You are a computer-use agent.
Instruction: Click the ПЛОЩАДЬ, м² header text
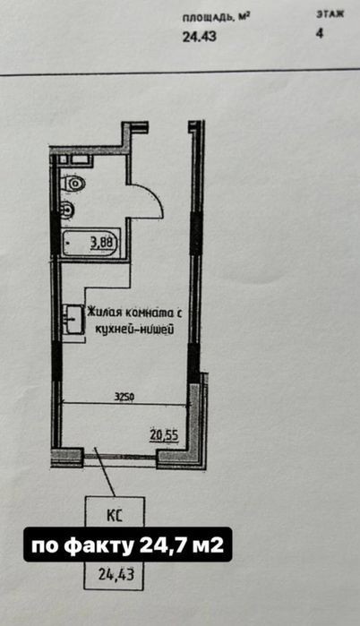pyautogui.click(x=217, y=18)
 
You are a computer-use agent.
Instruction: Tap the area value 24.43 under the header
pyautogui.click(x=200, y=37)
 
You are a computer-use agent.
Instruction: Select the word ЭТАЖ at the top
pyautogui.click(x=330, y=14)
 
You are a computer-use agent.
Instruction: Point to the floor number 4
pyautogui.click(x=320, y=33)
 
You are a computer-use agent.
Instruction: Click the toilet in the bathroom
pyautogui.click(x=73, y=184)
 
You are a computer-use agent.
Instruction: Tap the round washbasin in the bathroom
pyautogui.click(x=66, y=209)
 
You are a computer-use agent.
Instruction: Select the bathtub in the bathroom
pyautogui.click(x=91, y=243)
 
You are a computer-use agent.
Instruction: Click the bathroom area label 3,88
pyautogui.click(x=103, y=243)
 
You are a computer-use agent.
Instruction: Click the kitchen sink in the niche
pyautogui.click(x=73, y=319)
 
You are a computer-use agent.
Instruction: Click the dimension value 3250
pyautogui.click(x=124, y=397)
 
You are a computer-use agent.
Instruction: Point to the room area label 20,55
pyautogui.click(x=165, y=434)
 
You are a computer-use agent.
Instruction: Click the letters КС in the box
pyautogui.click(x=114, y=515)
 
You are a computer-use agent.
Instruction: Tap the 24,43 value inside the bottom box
pyautogui.click(x=116, y=575)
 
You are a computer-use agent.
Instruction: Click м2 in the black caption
pyautogui.click(x=208, y=545)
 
